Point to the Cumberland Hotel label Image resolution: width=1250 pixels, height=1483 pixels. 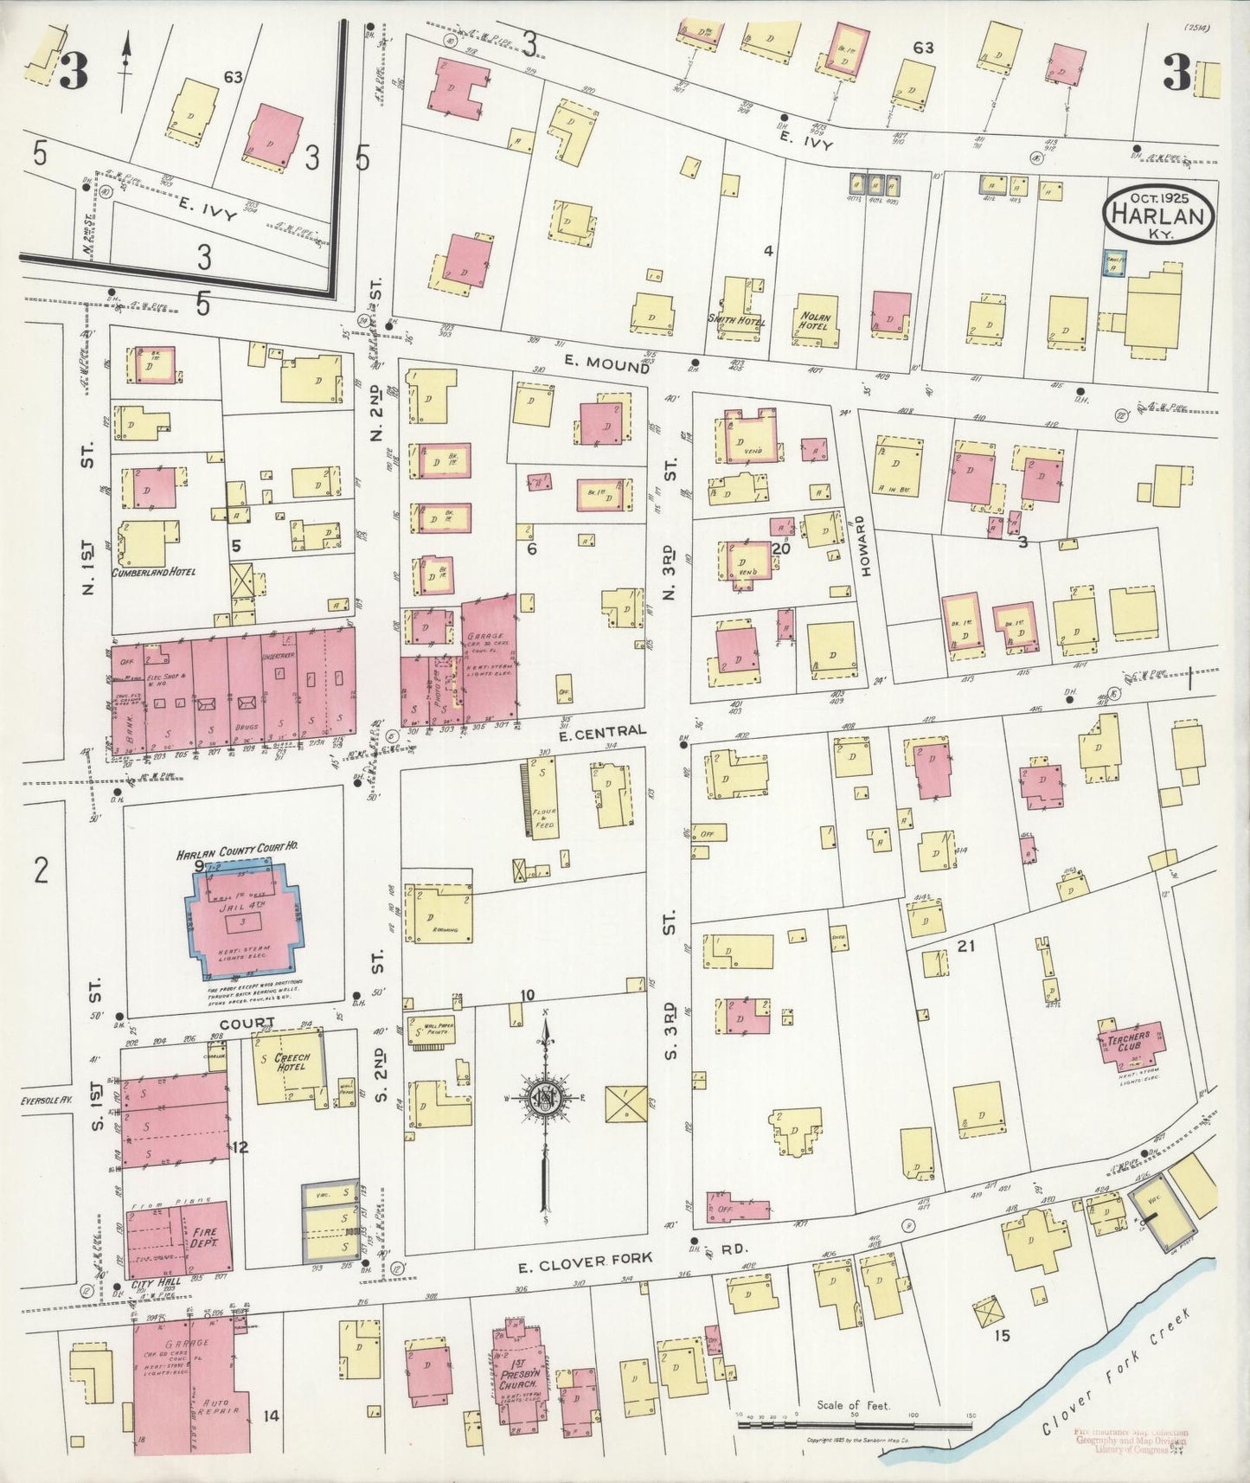click(153, 572)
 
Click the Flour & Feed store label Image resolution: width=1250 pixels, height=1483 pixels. click(545, 817)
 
